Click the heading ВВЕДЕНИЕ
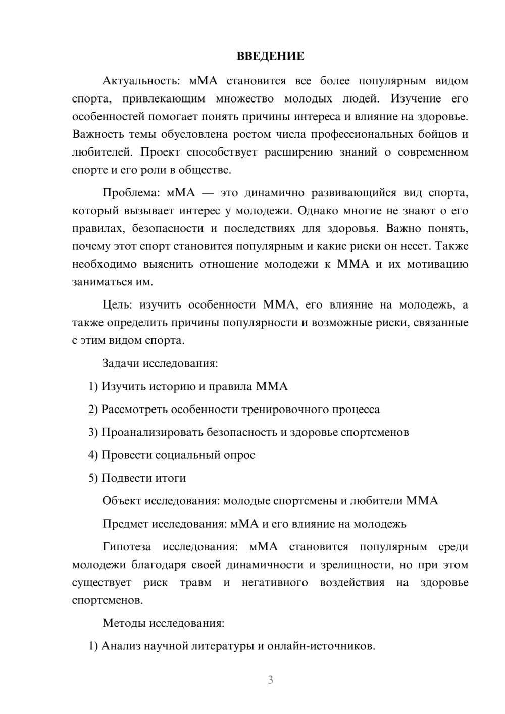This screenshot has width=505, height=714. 270,56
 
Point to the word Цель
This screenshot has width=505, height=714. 117,305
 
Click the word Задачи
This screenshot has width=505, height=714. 122,363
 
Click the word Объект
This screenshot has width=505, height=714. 122,501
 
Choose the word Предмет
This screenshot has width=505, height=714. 125,524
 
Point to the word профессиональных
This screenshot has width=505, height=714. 362,134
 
